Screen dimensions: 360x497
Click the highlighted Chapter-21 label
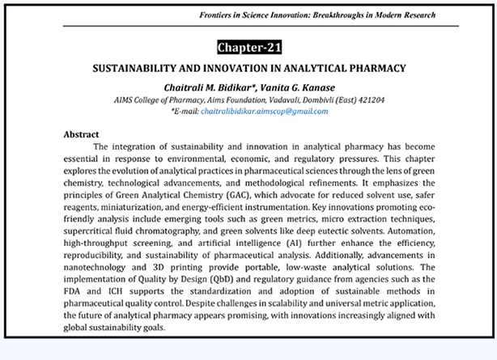(248, 47)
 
